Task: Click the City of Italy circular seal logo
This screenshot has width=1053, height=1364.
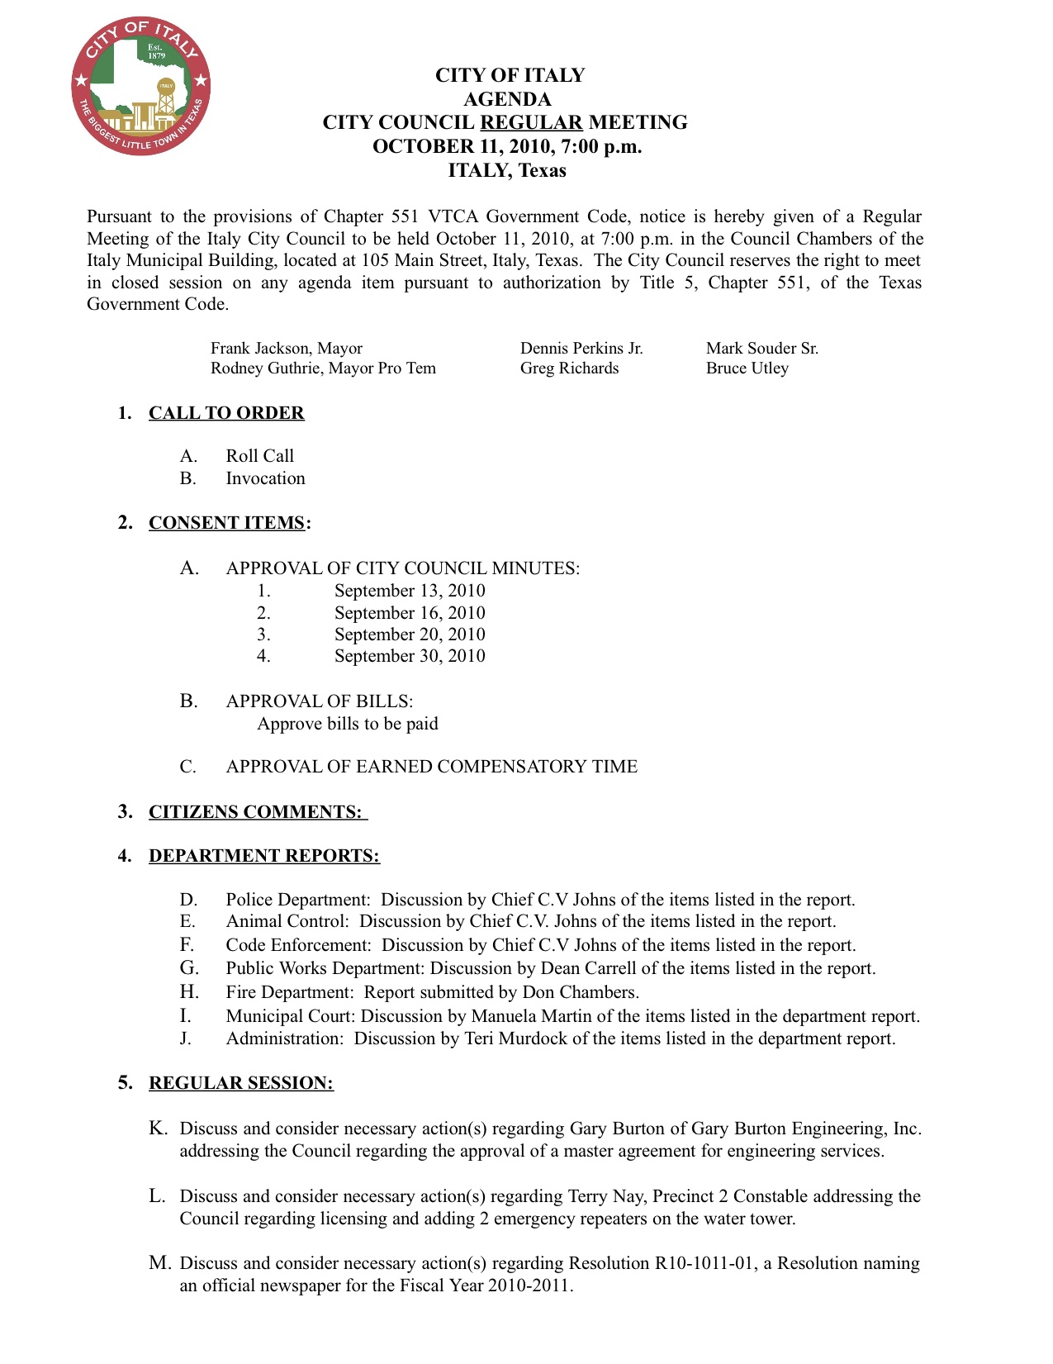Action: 140,85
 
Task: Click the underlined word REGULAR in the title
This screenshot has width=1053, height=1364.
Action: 531,122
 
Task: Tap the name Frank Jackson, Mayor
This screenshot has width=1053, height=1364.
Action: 287,349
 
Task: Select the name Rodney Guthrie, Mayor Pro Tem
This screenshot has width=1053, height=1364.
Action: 323,368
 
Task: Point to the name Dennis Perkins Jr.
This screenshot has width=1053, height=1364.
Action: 581,349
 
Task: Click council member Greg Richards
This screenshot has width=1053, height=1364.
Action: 569,368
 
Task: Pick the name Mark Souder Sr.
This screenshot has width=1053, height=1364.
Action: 762,349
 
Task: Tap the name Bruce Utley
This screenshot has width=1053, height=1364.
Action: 747,368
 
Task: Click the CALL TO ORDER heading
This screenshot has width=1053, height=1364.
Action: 226,413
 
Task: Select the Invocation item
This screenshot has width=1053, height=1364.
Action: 265,478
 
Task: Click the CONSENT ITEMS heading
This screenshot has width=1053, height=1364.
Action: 227,523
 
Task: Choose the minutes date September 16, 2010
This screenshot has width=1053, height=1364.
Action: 410,613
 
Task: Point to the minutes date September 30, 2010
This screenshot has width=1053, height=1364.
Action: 410,656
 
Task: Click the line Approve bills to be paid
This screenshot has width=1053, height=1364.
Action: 348,724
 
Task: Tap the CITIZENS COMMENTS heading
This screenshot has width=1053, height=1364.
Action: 256,812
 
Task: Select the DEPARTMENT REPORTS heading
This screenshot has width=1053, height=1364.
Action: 264,856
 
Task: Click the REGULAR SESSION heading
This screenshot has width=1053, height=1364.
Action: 241,1083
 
